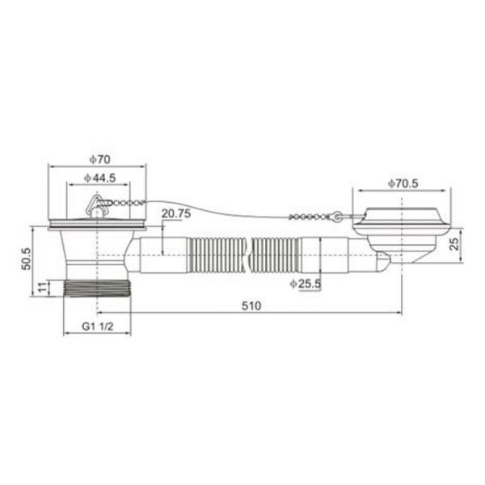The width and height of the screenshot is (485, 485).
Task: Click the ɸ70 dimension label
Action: click(99, 159)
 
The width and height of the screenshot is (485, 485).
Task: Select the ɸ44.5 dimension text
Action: click(99, 178)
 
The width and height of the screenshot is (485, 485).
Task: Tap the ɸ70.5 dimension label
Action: click(403, 183)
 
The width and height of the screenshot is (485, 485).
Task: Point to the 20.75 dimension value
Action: click(176, 213)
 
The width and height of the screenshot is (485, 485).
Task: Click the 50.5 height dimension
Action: click(27, 259)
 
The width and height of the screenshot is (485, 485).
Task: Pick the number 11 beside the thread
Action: click(44, 287)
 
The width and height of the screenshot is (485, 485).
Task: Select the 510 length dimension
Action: click(251, 306)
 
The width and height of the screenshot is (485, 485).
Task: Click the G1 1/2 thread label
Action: click(98, 327)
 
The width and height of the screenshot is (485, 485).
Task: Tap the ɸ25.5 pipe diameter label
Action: click(306, 284)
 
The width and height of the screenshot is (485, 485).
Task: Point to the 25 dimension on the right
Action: click(454, 244)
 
